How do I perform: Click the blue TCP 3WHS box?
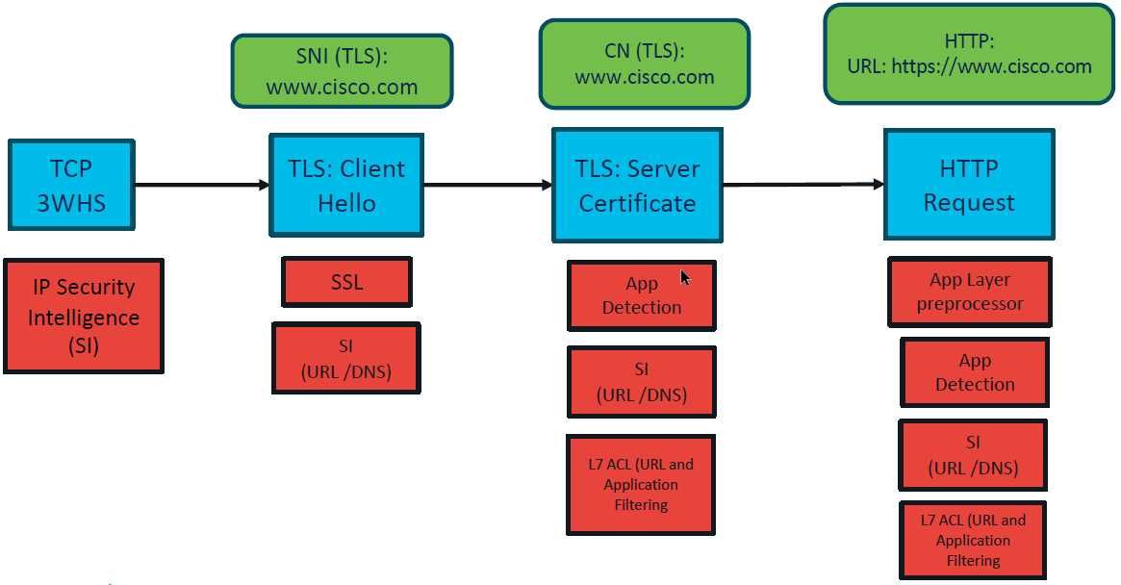click(x=71, y=186)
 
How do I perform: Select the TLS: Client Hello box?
click(x=346, y=186)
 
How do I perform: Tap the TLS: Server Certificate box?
click(x=637, y=186)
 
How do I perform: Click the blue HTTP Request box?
click(x=969, y=185)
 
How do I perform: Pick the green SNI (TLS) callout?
click(x=342, y=71)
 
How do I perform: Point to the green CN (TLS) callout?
click(x=644, y=64)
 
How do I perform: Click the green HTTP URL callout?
click(x=969, y=54)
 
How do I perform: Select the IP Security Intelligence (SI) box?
click(x=84, y=316)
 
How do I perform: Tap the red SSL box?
click(x=346, y=282)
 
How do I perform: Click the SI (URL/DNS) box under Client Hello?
click(x=346, y=358)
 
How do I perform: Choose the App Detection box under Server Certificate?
click(x=641, y=295)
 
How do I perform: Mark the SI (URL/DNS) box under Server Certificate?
click(x=641, y=382)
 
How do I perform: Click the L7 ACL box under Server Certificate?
click(x=641, y=484)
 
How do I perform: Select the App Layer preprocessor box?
click(x=969, y=292)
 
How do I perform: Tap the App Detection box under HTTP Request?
click(x=974, y=372)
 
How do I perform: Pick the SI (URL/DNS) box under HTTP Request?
click(x=973, y=455)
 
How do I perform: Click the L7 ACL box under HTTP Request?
click(x=973, y=540)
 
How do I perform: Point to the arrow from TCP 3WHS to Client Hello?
click(x=202, y=185)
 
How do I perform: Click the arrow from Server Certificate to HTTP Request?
click(x=803, y=184)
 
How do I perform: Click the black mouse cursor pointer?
click(x=685, y=278)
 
